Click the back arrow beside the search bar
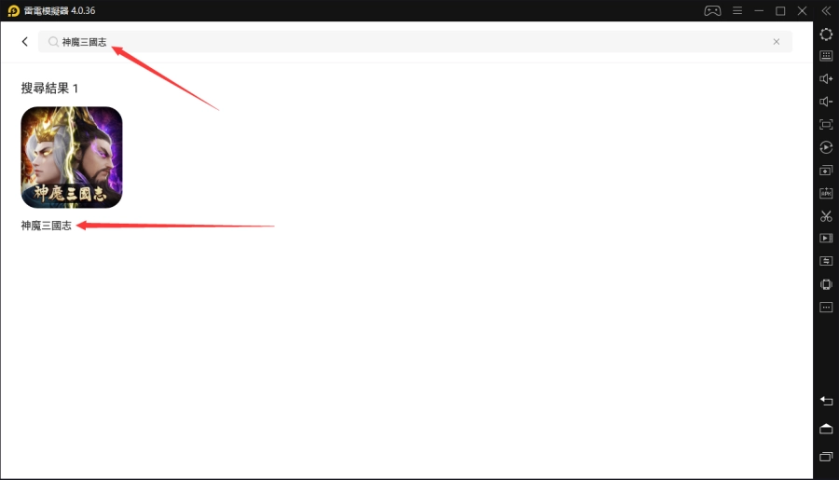coord(24,42)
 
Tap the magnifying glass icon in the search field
coord(53,42)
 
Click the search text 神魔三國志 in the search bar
coord(84,42)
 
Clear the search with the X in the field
coord(777,42)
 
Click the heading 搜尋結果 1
coord(49,89)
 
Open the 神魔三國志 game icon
coord(72,158)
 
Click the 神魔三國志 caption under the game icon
coord(46,226)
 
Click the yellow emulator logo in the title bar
coord(13,10)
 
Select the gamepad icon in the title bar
coord(712,10)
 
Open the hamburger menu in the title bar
coord(737,10)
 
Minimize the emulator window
coord(759,10)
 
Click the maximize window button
coord(780,10)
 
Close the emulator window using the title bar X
coord(802,10)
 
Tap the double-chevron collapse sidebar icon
coord(826,10)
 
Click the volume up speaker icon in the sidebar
coord(826,78)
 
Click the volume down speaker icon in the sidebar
coord(826,102)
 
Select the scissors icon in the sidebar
coord(826,215)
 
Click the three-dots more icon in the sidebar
coord(826,308)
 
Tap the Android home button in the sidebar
coord(826,429)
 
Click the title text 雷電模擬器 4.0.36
coord(60,10)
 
